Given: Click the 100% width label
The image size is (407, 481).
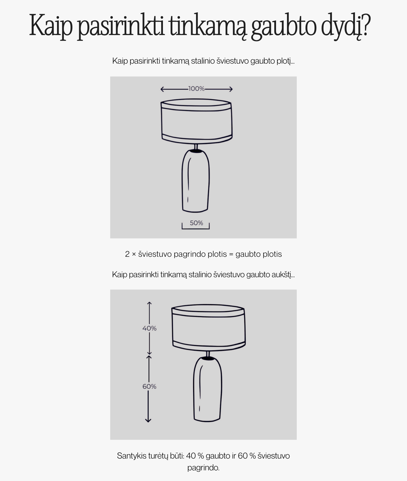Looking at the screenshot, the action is (x=196, y=89).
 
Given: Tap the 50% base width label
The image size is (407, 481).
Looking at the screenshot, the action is (x=196, y=223).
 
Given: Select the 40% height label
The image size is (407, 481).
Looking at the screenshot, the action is (x=149, y=328).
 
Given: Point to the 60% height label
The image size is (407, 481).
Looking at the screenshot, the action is (x=149, y=386).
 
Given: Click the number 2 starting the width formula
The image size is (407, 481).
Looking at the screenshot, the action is (x=128, y=254).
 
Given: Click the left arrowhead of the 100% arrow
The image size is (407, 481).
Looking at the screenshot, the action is (x=162, y=89).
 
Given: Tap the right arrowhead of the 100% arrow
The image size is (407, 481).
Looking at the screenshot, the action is (x=231, y=89).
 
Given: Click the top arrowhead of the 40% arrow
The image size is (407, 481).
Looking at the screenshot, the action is (x=149, y=304).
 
